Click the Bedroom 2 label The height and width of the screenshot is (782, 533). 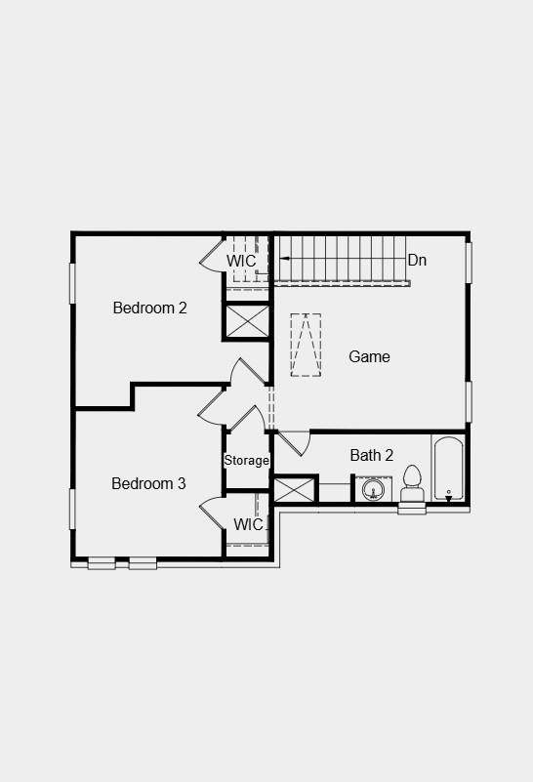click(149, 308)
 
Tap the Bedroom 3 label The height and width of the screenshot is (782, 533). click(148, 483)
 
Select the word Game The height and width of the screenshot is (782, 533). click(369, 356)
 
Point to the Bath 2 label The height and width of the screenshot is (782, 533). click(371, 455)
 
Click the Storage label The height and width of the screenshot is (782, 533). click(246, 460)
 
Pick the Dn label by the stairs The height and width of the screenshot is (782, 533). click(417, 260)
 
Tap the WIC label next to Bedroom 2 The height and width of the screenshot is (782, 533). click(241, 261)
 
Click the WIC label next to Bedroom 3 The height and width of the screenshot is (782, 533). click(248, 524)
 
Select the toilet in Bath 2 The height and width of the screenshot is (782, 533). click(411, 483)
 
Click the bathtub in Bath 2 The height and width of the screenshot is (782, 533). click(448, 469)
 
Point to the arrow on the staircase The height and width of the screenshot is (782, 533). click(286, 258)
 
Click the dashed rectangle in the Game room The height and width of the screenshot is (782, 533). click(306, 345)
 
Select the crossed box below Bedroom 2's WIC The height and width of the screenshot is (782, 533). click(248, 321)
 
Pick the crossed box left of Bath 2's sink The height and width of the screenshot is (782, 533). click(295, 489)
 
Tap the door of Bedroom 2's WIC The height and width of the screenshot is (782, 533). click(210, 255)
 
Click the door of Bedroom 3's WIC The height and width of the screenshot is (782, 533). click(212, 514)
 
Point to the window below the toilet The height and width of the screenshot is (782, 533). click(412, 509)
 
